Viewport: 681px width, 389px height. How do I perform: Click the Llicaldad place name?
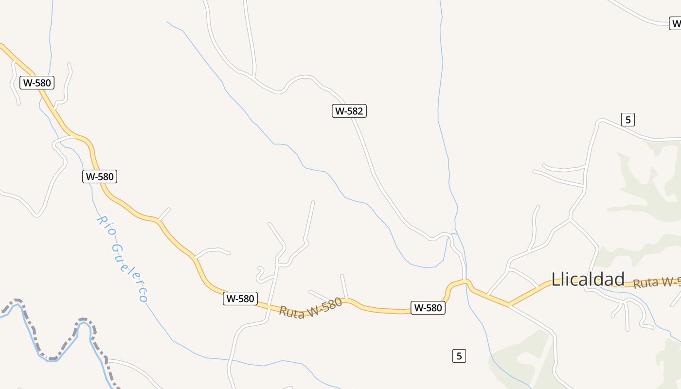click(588, 280)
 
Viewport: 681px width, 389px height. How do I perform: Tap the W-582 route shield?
click(349, 111)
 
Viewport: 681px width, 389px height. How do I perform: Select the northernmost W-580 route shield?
click(37, 83)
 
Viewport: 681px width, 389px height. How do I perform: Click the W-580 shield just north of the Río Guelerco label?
click(100, 177)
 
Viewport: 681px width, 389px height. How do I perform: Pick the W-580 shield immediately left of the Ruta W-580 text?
click(240, 299)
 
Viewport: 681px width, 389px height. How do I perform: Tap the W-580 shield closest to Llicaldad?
click(428, 308)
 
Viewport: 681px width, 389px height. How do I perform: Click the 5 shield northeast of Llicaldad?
click(628, 119)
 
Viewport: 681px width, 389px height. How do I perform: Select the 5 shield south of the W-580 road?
click(459, 356)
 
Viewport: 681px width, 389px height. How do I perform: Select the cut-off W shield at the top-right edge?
click(675, 23)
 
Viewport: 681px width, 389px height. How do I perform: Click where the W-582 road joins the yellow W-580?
click(466, 281)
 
